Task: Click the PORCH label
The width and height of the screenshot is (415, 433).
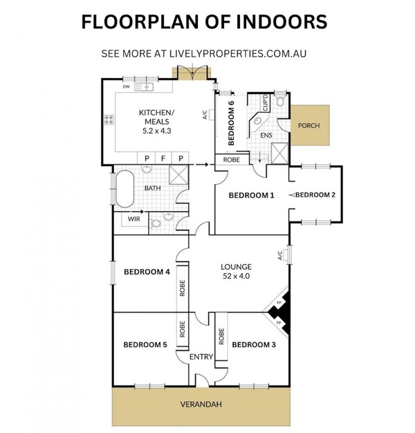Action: pos(308,126)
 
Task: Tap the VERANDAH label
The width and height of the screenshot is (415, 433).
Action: pos(201,404)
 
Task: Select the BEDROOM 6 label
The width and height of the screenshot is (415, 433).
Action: pos(231,122)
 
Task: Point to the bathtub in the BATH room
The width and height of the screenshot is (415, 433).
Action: pos(124,189)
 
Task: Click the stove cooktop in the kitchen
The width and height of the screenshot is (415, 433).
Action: pos(109,120)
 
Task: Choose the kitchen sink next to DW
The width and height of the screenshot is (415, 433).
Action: pos(144,87)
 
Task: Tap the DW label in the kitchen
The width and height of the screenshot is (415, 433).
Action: pos(126,86)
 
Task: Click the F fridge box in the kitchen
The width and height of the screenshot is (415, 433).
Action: pos(163,158)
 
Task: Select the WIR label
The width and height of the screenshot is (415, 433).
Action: pos(134,219)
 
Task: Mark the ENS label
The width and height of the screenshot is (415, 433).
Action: pos(266,136)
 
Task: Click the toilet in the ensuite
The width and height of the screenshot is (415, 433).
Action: pos(280,101)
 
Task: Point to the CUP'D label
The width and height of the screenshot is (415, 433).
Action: pos(266,103)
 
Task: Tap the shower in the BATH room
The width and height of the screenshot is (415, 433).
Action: pos(178,175)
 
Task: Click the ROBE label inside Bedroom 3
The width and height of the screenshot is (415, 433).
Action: pos(221,336)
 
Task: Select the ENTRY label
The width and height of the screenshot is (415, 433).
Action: pos(201,357)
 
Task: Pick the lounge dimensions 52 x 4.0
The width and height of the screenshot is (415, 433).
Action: pos(237,276)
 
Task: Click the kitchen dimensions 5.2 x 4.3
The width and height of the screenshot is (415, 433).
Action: pos(156,131)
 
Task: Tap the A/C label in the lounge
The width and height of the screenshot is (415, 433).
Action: pos(280,255)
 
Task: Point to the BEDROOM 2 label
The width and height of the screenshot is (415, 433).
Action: pos(315,194)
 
